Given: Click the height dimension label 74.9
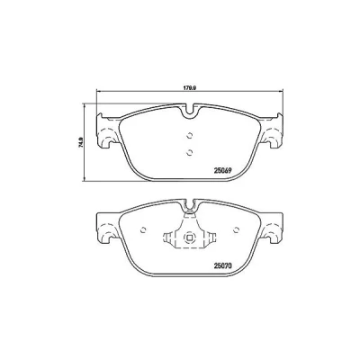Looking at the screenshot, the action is coord(81,141).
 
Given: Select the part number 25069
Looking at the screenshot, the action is coord(222,170).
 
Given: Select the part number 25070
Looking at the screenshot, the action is coord(222,265).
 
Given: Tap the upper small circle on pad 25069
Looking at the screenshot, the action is coord(189,136).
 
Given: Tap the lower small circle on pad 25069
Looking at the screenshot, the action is coord(189,153).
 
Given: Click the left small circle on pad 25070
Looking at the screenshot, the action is coord(143,229).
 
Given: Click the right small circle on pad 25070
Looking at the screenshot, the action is coord(236,229).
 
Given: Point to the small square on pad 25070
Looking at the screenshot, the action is coord(189,238).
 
